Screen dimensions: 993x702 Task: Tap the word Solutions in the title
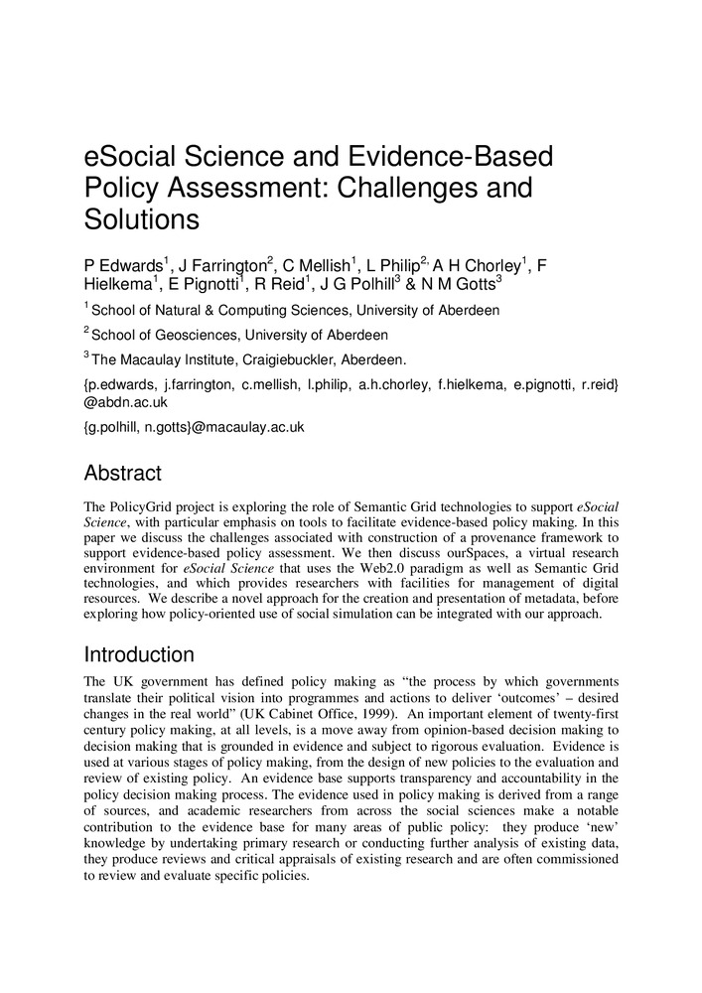pos(142,218)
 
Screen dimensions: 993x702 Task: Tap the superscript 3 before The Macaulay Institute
pos(86,355)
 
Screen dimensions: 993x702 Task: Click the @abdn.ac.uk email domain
pos(126,403)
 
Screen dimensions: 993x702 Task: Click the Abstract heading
pos(122,474)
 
